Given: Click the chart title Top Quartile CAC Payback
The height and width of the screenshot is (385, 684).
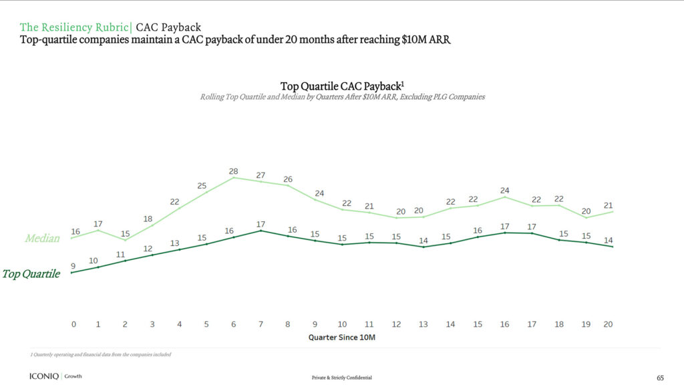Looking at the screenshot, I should (x=341, y=86).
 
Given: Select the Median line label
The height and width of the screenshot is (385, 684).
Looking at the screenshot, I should (x=42, y=239).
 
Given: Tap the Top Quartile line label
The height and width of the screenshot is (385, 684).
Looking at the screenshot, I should (x=31, y=274).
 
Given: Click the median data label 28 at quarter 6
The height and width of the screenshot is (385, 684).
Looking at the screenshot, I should (x=234, y=171).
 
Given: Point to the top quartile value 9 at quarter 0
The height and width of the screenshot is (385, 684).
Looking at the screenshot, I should (x=73, y=266).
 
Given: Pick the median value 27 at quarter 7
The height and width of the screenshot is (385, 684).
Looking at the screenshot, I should (x=261, y=175).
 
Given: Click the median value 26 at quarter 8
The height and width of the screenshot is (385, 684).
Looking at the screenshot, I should (x=288, y=179).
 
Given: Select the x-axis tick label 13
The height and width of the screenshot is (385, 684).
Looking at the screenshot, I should (x=423, y=324).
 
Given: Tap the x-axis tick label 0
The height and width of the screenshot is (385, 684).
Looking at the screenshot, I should (x=73, y=324).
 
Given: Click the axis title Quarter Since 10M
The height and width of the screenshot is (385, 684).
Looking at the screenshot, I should (x=342, y=338).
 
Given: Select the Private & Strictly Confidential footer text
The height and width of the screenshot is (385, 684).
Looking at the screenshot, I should (x=341, y=378).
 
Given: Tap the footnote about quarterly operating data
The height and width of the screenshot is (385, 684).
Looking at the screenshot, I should (x=100, y=354).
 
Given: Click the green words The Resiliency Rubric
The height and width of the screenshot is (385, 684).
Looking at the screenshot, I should (x=75, y=27).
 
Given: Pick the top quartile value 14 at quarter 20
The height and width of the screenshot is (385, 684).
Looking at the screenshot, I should (x=608, y=241).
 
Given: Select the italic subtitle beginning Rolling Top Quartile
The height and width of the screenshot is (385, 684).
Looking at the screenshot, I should (x=342, y=97).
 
